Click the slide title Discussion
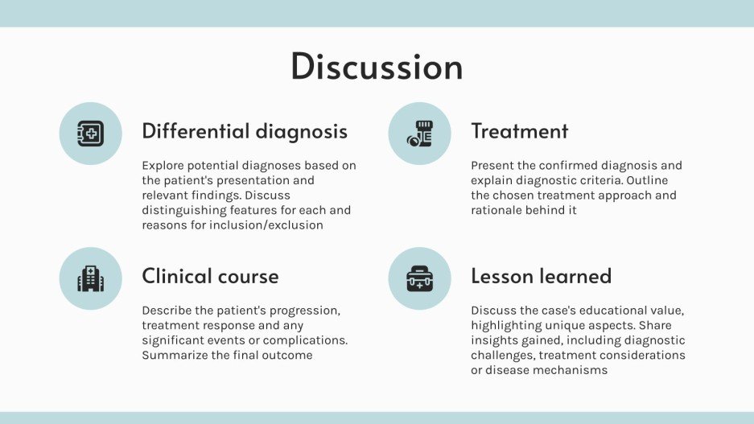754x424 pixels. coord(377,67)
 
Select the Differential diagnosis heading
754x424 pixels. coord(245,131)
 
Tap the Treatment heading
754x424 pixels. coord(519,131)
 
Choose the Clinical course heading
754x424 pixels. coord(210,277)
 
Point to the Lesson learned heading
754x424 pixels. coord(541,277)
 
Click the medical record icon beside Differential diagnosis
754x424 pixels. coord(90,134)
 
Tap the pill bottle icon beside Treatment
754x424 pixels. coord(419,134)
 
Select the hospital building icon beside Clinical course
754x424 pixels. coord(90,278)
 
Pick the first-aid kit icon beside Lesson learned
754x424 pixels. coord(419,278)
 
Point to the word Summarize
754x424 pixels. coord(175,355)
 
